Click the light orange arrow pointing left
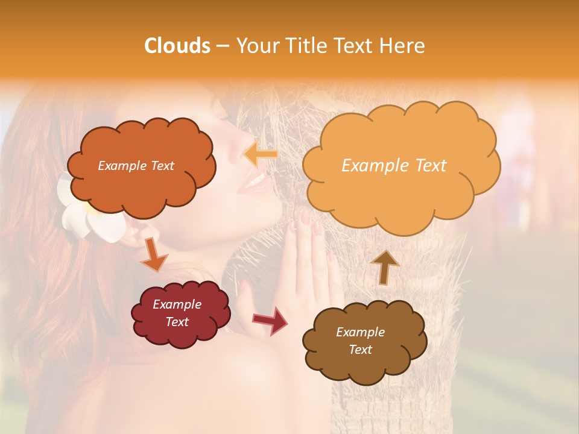tap(261, 155)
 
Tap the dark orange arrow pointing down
tap(154, 254)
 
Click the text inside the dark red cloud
tap(177, 313)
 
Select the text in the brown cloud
tap(360, 341)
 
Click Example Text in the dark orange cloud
tap(136, 166)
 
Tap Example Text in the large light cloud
tap(394, 165)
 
